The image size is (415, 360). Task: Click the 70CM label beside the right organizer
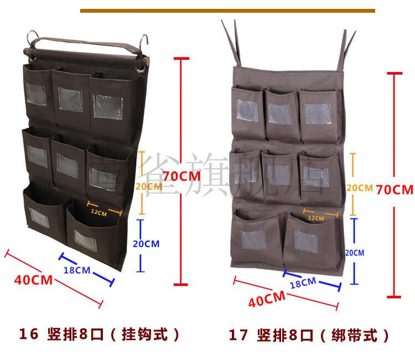click(395, 189)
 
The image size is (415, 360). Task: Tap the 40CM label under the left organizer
click(34, 280)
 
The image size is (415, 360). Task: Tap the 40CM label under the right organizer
click(267, 300)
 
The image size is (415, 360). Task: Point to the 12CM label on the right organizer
click(316, 218)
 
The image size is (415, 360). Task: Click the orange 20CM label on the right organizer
click(359, 188)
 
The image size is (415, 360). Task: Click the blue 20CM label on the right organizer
click(355, 253)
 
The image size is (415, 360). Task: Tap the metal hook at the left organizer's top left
click(33, 38)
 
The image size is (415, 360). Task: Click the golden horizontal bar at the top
click(227, 10)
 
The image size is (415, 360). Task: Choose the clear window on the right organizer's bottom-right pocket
click(306, 240)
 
